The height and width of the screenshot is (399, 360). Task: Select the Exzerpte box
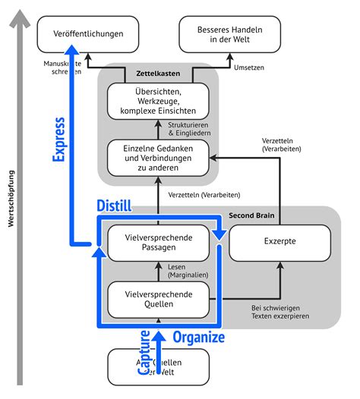point(280,242)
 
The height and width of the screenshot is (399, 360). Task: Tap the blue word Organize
point(199,336)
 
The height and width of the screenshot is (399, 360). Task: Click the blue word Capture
point(144,352)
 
